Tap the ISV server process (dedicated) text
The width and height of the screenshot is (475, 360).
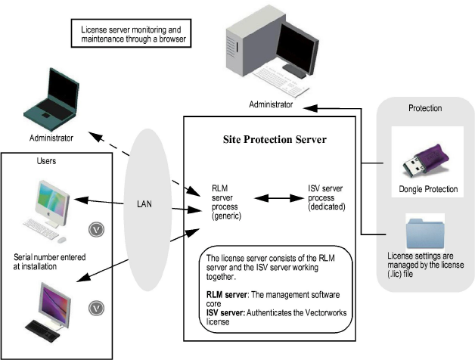[327, 197]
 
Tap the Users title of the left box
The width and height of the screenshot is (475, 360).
[48, 162]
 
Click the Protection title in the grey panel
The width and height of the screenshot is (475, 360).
[424, 108]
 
